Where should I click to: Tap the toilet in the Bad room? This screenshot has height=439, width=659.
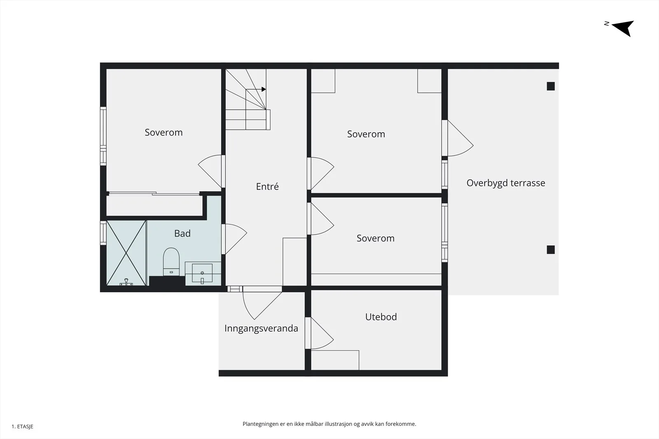[171, 262]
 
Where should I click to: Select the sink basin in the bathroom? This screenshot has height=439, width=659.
[202, 273]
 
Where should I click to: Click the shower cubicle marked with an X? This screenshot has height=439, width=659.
[126, 253]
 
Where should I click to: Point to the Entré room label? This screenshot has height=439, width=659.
[267, 186]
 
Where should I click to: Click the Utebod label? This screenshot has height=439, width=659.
[381, 316]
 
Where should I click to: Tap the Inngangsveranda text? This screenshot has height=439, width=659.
[261, 328]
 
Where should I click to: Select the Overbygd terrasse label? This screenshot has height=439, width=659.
[506, 183]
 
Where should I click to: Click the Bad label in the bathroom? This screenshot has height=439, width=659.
[182, 233]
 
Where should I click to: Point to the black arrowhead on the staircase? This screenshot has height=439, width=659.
[264, 89]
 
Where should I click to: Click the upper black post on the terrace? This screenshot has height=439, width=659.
[551, 86]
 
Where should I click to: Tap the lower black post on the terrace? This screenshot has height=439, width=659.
[551, 250]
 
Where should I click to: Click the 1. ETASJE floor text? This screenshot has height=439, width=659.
[22, 426]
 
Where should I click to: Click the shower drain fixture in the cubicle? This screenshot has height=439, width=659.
[126, 282]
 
